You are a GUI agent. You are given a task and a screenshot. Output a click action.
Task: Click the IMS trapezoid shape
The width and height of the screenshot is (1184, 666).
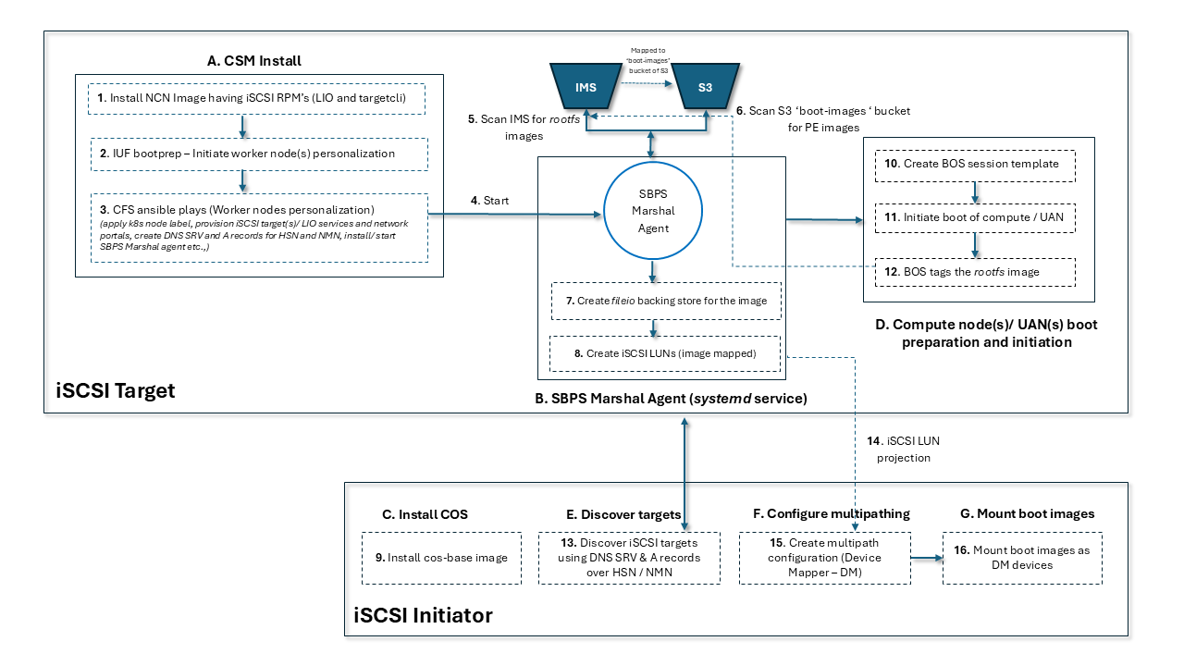[x=586, y=88]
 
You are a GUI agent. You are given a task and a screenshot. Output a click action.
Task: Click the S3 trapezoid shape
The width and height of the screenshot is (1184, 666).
[x=705, y=88]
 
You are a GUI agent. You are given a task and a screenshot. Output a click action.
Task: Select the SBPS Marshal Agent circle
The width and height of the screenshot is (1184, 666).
[x=653, y=216]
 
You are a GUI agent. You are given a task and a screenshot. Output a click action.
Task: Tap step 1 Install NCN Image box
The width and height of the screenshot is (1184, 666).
[x=257, y=99]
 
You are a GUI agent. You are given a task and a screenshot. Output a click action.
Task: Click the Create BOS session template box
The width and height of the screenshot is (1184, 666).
[x=975, y=165]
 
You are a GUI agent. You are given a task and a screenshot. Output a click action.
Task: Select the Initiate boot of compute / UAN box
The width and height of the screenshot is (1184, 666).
[x=975, y=217]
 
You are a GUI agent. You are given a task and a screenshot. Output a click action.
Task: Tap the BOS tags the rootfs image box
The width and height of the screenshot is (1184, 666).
[x=975, y=271]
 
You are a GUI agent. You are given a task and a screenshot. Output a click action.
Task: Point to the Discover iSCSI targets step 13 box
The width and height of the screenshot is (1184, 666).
[x=629, y=558]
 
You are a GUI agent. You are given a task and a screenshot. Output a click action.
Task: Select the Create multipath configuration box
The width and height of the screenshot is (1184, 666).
[x=824, y=558]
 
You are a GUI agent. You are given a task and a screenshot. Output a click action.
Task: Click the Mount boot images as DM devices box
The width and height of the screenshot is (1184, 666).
[x=1022, y=558]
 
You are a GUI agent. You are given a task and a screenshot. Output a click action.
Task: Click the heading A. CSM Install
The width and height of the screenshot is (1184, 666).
[x=254, y=62]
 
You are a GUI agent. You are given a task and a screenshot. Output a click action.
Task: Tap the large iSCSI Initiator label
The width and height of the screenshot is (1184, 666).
[x=424, y=615]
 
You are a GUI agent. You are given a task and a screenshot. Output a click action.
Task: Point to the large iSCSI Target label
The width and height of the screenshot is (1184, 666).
[x=115, y=390]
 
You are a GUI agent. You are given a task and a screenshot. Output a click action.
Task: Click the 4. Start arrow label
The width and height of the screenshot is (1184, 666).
[x=490, y=201]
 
